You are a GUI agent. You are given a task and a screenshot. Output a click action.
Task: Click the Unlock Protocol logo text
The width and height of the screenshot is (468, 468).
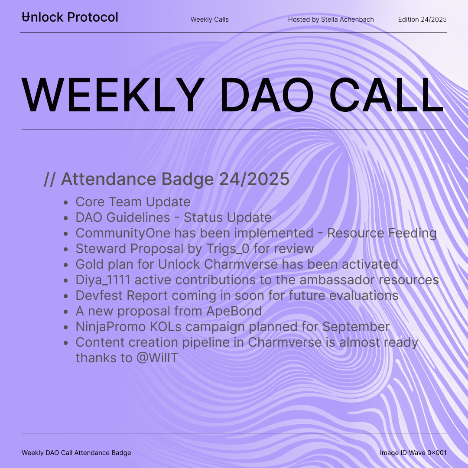point(70,17)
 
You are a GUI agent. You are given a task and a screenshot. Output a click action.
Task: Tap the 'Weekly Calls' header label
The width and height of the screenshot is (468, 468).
point(210,19)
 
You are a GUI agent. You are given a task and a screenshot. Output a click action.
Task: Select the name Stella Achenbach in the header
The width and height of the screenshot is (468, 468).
point(348,19)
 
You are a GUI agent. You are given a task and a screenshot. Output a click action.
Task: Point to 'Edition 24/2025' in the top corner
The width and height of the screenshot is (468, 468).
point(422,19)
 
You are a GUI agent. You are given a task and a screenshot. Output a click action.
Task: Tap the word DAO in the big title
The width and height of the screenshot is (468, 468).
point(266,94)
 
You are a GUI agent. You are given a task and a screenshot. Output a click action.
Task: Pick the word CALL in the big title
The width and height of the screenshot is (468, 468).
point(387,94)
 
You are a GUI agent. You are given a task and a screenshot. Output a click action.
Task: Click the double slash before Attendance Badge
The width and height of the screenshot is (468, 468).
point(49,179)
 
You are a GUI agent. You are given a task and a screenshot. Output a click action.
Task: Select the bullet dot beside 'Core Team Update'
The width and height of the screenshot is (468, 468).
point(66,202)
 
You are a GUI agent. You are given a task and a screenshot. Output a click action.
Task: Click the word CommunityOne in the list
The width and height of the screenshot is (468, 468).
point(123,233)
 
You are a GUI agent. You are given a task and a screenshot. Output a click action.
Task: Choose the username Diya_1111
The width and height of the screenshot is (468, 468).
point(103,280)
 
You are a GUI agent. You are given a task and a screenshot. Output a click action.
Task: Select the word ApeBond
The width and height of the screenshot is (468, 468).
point(234,311)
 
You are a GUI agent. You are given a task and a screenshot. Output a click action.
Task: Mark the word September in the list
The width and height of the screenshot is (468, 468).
point(356,327)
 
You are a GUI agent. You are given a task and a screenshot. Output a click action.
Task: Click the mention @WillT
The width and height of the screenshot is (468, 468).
point(157,358)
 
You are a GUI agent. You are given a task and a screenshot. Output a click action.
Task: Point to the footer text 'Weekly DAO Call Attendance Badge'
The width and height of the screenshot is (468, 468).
point(76,453)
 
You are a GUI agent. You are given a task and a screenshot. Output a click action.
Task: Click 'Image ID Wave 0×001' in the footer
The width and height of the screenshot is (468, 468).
point(413,453)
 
